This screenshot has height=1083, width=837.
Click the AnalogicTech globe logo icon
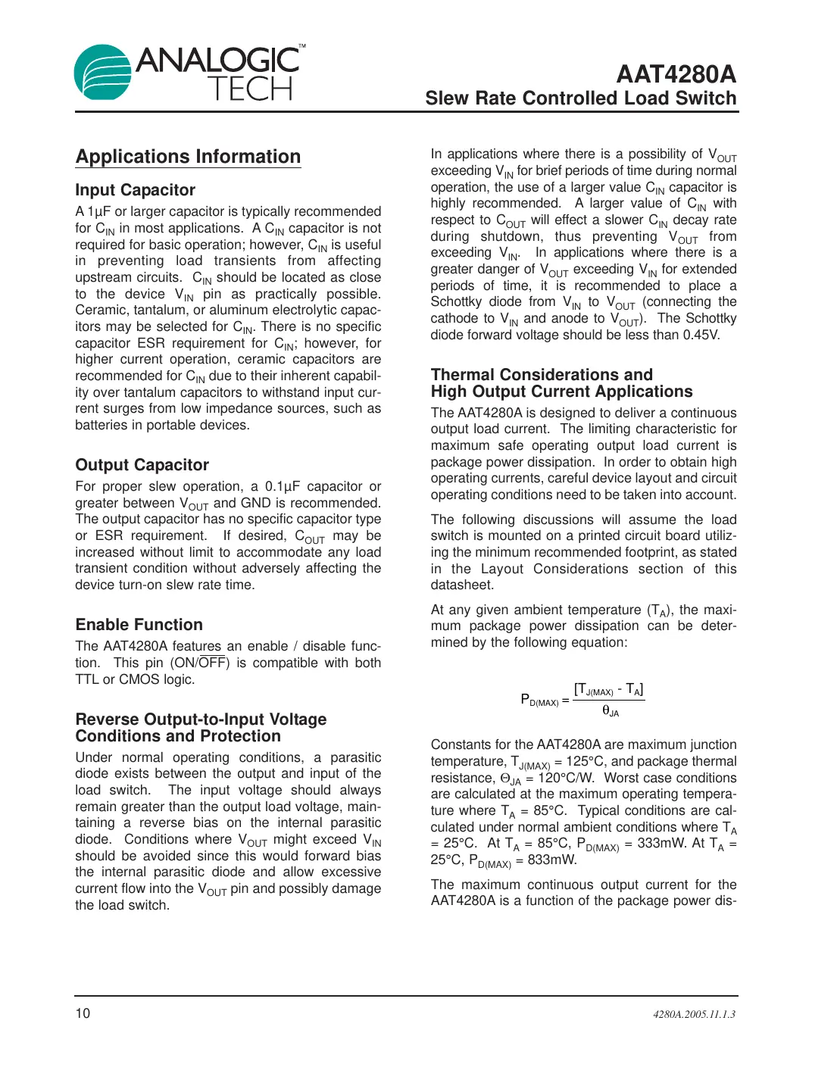coord(103,72)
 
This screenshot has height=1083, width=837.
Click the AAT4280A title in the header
coord(676,74)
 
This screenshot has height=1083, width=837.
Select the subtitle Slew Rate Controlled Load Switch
coord(580,98)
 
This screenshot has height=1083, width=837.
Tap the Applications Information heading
coord(188,157)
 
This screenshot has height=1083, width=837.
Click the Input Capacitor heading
coord(135,190)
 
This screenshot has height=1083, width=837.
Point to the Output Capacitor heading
coord(142,465)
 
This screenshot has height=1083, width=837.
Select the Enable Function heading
coord(139,625)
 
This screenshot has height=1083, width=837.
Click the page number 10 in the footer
coord(83,1013)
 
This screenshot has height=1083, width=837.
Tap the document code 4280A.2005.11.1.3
coord(694,1014)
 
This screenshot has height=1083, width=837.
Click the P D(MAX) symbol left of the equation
coord(539,700)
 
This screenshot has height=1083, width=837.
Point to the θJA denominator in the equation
coord(611,711)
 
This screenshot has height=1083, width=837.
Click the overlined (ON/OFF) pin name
coord(200,663)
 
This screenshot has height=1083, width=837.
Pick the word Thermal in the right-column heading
coord(462,375)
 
